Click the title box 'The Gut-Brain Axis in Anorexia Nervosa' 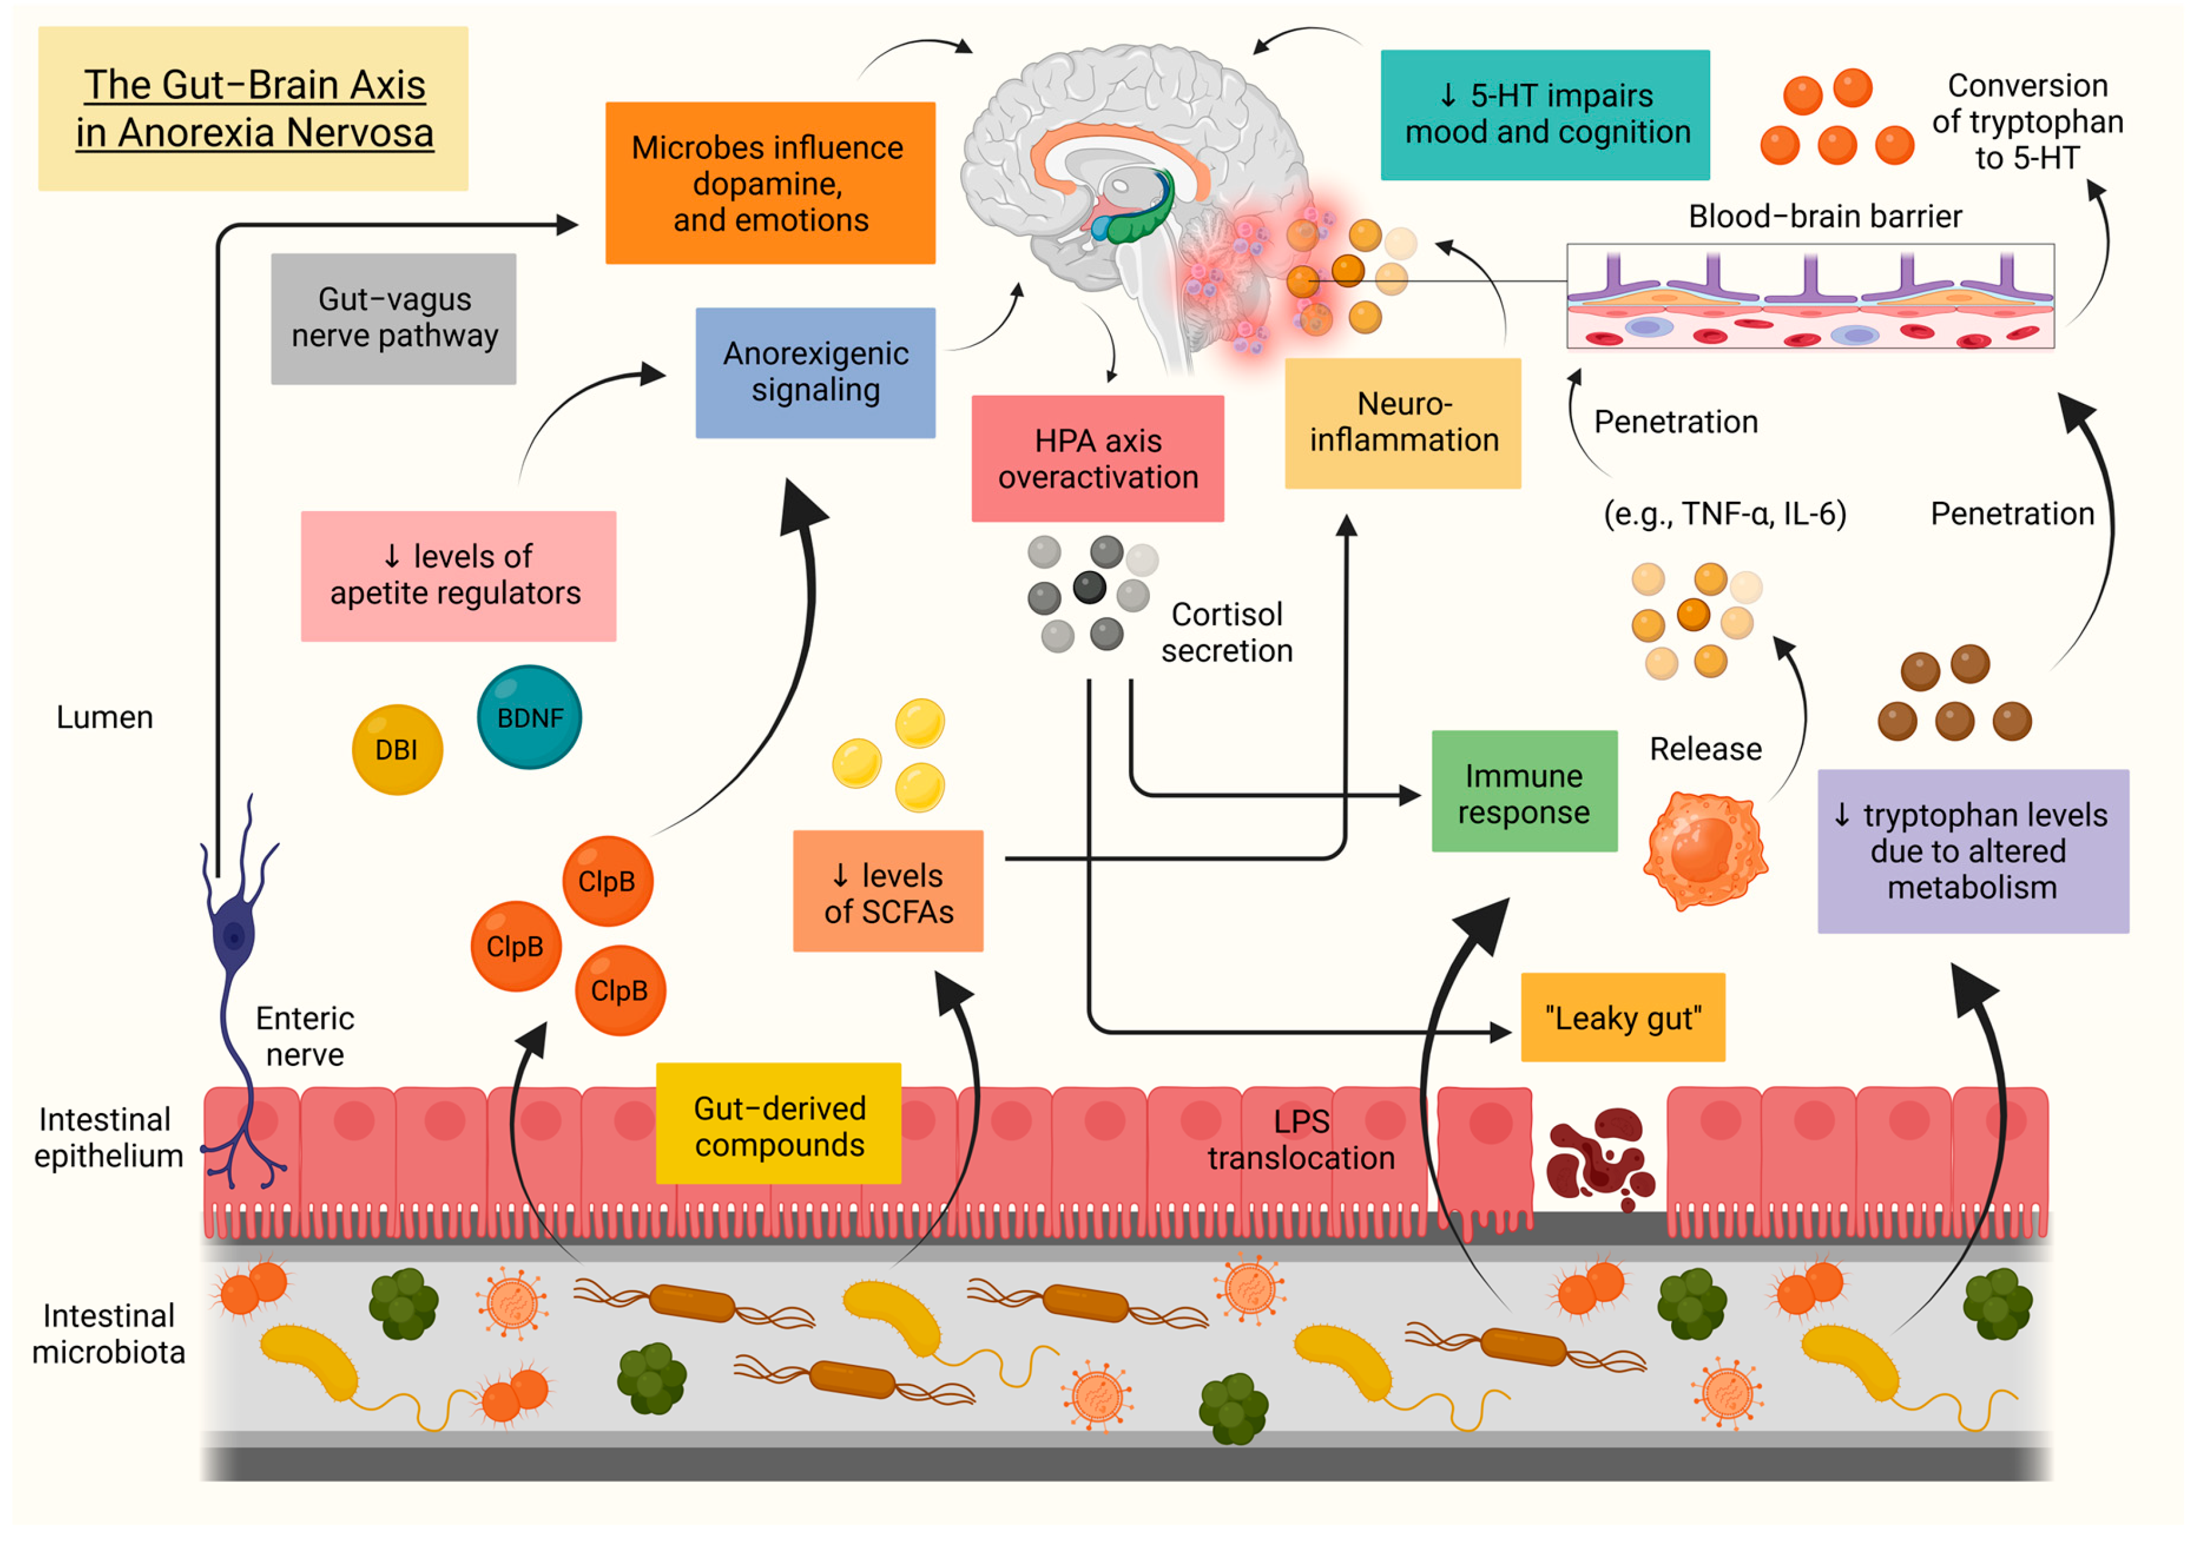253,109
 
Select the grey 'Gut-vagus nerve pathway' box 393,319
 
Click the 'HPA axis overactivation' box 1097,459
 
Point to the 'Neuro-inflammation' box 1403,423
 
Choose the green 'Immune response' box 1524,792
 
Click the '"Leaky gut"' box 1622,1018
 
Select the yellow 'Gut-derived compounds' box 779,1124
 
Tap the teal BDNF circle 530,718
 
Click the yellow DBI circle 397,750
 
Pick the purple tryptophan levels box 1972,851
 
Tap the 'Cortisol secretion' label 1226,633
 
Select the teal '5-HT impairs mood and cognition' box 1545,115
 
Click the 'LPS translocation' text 1301,1141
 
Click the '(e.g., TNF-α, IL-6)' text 1724,514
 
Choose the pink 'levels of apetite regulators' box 458,576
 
